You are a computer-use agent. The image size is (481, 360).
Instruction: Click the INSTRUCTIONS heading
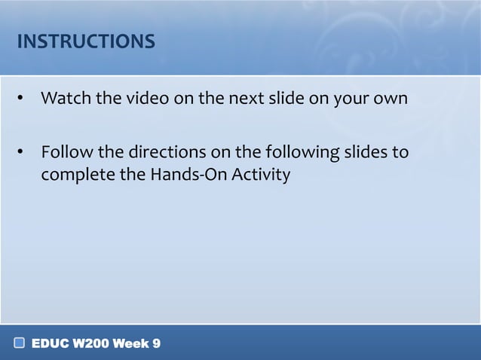[x=86, y=41]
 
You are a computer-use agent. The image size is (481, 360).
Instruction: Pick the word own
[x=391, y=99]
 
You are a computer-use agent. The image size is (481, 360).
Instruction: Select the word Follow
[x=67, y=154]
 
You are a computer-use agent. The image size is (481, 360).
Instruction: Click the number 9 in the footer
[x=156, y=344]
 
